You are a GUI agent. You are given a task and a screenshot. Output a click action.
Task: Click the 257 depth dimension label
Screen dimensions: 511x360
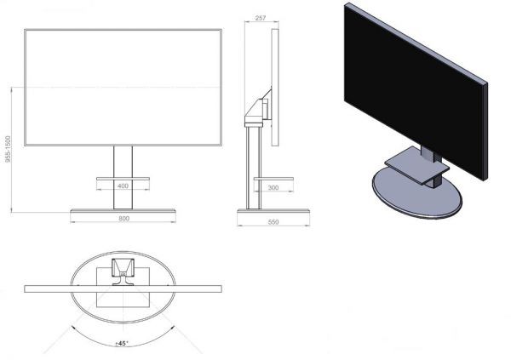point(261,18)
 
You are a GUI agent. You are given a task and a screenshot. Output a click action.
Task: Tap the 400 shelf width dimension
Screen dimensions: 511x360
point(123,186)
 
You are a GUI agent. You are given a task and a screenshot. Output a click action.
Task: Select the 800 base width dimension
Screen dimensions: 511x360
point(123,219)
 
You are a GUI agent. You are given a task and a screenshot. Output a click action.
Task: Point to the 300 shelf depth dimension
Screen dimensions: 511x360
point(273,187)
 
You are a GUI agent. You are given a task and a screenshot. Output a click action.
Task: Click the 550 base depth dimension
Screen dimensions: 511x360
point(273,222)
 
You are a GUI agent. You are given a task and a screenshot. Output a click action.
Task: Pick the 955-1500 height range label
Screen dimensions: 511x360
point(9,149)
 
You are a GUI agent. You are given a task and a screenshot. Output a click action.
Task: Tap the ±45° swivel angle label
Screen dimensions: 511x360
point(122,343)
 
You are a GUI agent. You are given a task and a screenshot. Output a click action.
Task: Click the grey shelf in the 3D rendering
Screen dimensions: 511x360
point(416,165)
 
